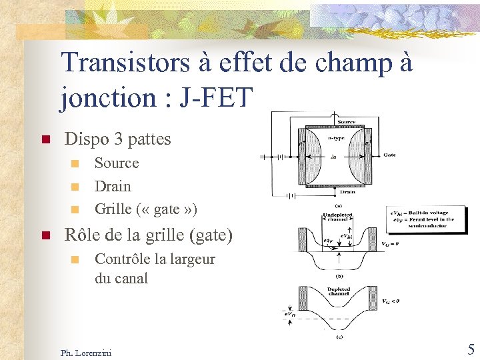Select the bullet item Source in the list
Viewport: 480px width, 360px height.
117,163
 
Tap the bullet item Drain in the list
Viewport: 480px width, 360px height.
113,186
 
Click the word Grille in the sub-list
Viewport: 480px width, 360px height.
113,209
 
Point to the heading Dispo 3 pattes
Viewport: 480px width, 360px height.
117,139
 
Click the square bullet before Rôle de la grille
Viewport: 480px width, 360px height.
45,235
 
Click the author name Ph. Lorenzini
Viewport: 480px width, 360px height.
86,352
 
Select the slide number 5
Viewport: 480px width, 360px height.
471,349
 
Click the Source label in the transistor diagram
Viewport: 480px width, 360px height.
346,122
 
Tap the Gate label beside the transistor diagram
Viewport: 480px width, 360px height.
389,155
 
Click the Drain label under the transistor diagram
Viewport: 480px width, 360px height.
347,192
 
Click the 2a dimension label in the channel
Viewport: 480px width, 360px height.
333,158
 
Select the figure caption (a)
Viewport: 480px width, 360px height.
338,205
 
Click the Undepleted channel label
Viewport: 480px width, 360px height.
337,217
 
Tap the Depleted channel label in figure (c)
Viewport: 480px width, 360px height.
339,291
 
